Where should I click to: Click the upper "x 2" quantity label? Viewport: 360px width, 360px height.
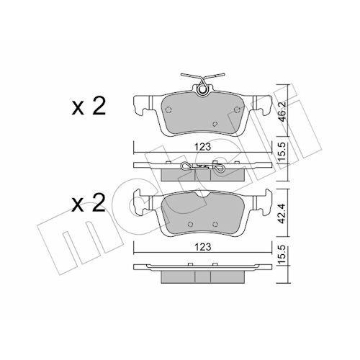pos(89,109)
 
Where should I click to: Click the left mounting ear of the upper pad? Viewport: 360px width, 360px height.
pos(138,104)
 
